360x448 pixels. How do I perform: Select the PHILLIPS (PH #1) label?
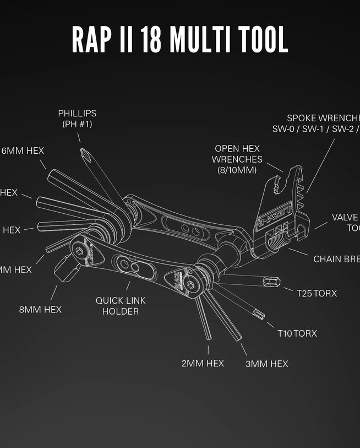77,118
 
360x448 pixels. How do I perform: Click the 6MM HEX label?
23,150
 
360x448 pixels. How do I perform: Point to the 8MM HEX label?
40,310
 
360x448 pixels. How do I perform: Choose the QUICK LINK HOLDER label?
117,306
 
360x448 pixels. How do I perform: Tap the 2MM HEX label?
203,363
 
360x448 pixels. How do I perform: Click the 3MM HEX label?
266,364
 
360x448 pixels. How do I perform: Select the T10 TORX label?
297,333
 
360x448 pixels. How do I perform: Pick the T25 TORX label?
317,293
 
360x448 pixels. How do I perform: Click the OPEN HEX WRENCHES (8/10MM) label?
237,159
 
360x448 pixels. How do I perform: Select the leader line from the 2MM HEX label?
208,349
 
